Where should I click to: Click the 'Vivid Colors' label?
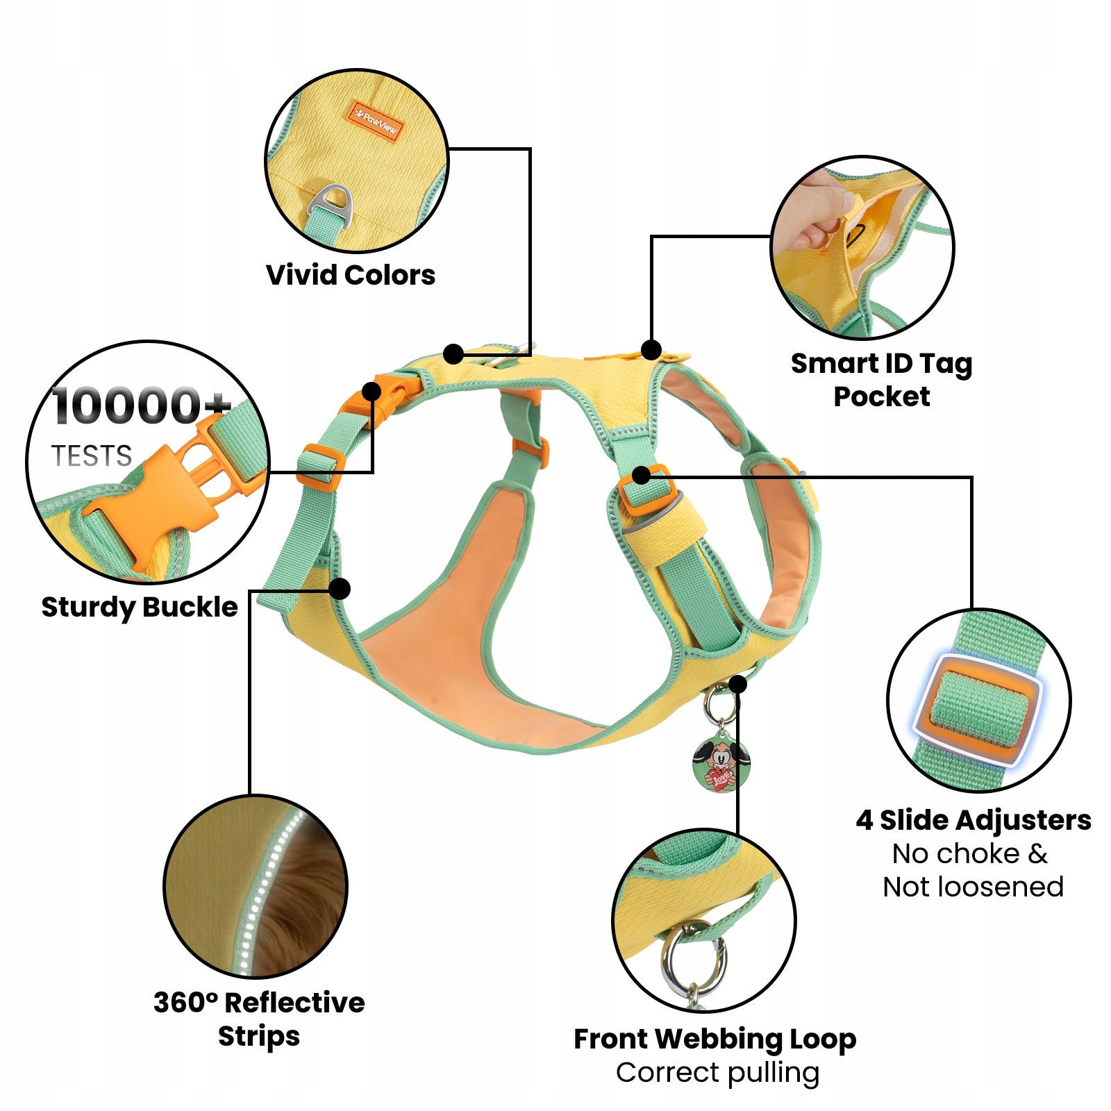[x=351, y=275]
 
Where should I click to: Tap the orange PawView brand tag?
[x=376, y=122]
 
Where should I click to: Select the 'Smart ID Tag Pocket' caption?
[x=881, y=380]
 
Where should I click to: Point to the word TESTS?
[x=92, y=456]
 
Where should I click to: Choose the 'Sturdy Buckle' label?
[x=140, y=607]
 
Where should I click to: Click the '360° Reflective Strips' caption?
[x=259, y=1019]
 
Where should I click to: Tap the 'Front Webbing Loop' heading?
[x=715, y=1039]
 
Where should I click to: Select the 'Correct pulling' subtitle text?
[x=717, y=1073]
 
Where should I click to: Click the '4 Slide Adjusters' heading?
[x=974, y=820]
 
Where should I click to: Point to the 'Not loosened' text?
[x=973, y=887]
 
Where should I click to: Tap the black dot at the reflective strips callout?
[x=339, y=589]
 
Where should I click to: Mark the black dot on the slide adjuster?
[x=642, y=476]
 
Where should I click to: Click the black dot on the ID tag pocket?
[x=651, y=349]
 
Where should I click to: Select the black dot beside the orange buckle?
[x=371, y=392]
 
